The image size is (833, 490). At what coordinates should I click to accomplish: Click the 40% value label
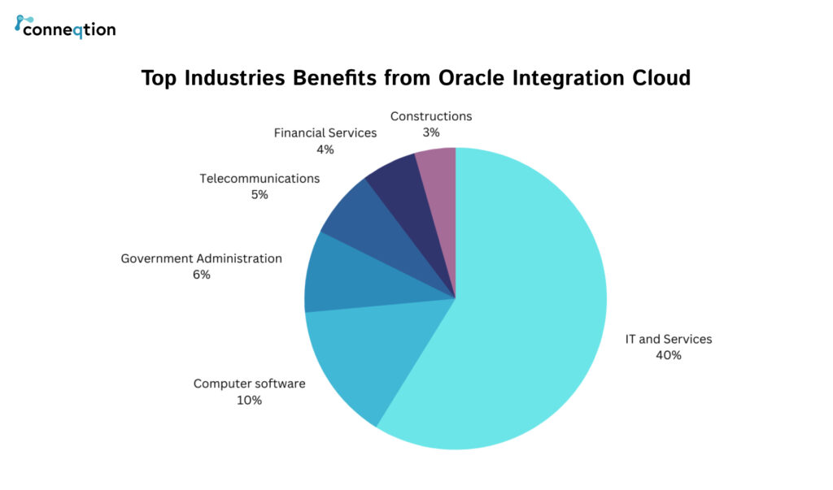pyautogui.click(x=668, y=354)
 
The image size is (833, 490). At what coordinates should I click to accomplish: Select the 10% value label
pyautogui.click(x=249, y=400)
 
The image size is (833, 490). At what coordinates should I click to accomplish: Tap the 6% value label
pyautogui.click(x=201, y=275)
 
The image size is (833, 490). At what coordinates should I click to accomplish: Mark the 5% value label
pyautogui.click(x=259, y=194)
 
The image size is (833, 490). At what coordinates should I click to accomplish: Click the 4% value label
pyautogui.click(x=325, y=149)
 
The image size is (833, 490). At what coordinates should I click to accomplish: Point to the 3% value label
pyautogui.click(x=431, y=132)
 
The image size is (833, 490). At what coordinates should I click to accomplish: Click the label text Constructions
pyautogui.click(x=431, y=116)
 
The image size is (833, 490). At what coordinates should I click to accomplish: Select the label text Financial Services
pyautogui.click(x=325, y=132)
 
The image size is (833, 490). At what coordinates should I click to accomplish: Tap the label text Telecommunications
pyautogui.click(x=259, y=178)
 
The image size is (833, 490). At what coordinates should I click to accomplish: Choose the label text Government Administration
pyautogui.click(x=201, y=258)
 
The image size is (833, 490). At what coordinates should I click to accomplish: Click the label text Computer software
pyautogui.click(x=249, y=384)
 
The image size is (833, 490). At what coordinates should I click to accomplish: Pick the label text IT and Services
pyautogui.click(x=668, y=339)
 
